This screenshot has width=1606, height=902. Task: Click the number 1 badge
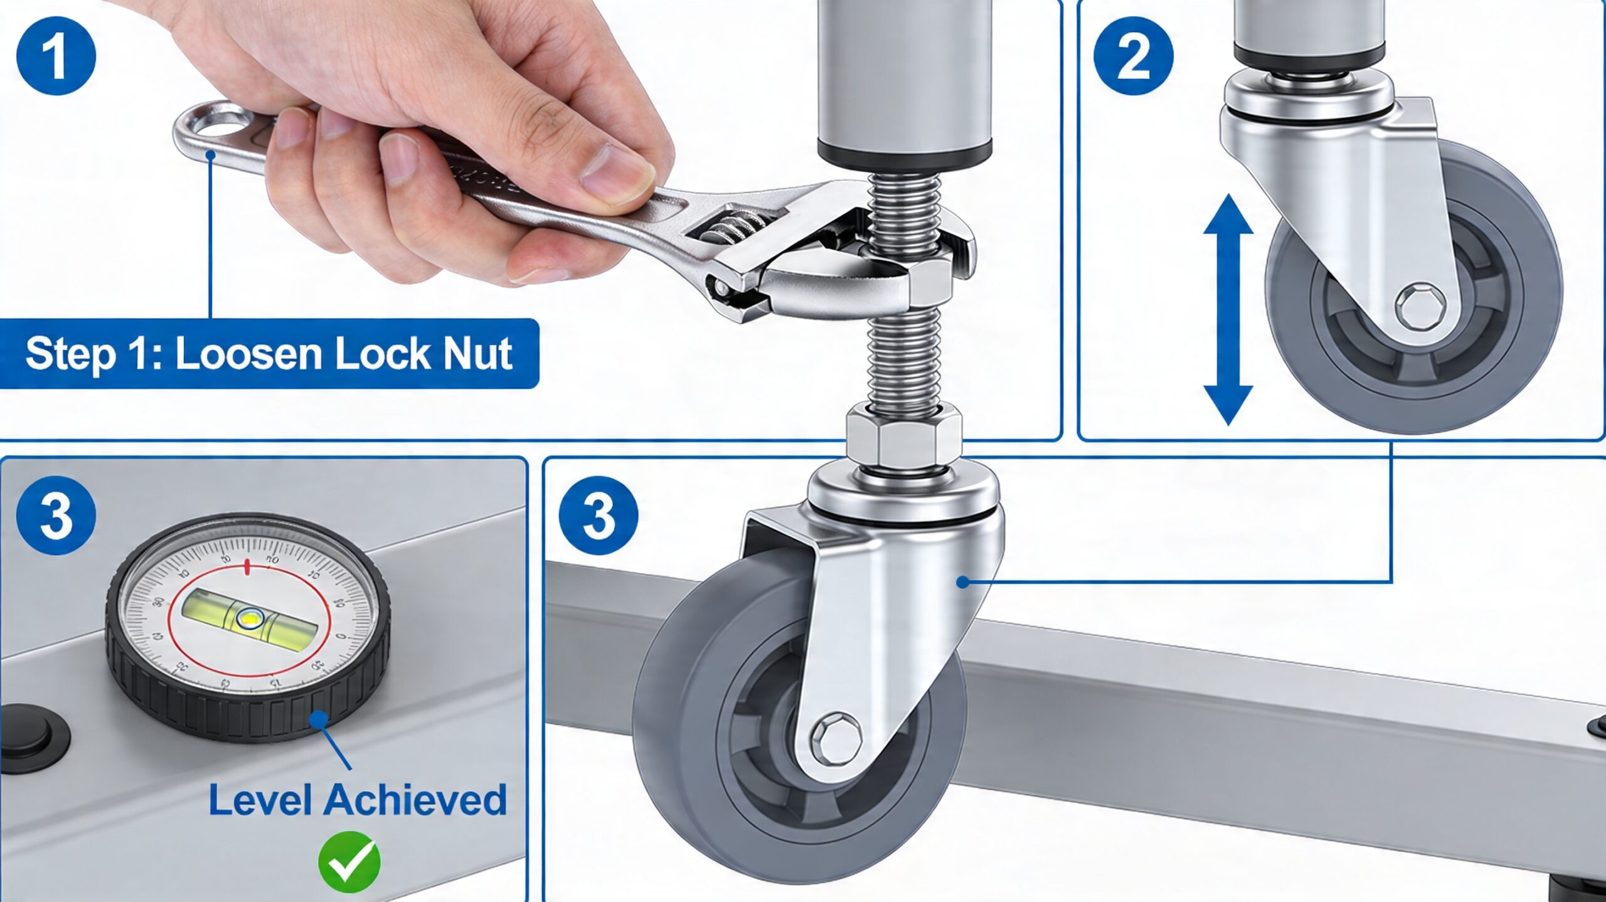tap(56, 56)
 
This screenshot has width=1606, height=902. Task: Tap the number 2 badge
tap(1133, 56)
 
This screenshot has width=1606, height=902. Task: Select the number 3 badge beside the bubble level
tap(56, 516)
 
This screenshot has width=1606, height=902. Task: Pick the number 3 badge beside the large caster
tap(598, 516)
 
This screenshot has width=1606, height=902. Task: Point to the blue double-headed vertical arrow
tap(1228, 310)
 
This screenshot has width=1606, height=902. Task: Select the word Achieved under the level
tap(415, 800)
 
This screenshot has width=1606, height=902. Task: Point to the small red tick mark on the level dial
tap(247, 566)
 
